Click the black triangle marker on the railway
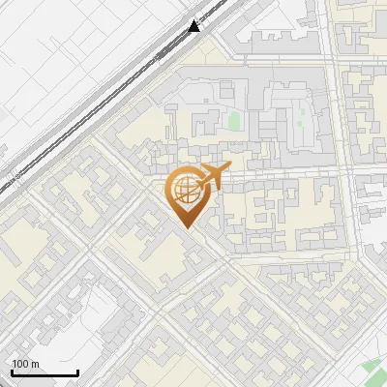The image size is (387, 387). pyautogui.click(x=194, y=26)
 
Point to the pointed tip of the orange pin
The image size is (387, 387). pyautogui.click(x=186, y=227)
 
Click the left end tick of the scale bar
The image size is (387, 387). pyautogui.click(x=12, y=372)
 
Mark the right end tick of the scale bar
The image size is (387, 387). pyautogui.click(x=77, y=372)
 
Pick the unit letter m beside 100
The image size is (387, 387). pyautogui.click(x=35, y=364)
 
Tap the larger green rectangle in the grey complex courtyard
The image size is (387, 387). pyautogui.click(x=233, y=122)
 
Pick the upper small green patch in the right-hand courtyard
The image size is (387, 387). pyautogui.click(x=302, y=108)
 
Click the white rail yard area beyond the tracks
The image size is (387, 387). pyautogui.click(x=58, y=58)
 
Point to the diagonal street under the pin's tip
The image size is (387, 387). pyautogui.click(x=203, y=242)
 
